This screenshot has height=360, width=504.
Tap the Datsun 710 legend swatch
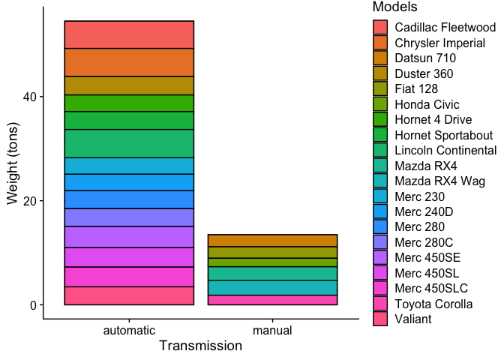coord(381,58)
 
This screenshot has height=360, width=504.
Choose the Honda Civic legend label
coord(427,104)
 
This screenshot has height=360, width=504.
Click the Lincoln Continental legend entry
coord(445,150)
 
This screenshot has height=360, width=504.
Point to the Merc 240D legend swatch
coord(381,211)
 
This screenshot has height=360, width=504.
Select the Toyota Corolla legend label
coord(433,304)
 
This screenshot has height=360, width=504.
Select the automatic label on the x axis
coord(129,330)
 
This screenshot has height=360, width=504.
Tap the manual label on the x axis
coord(272,330)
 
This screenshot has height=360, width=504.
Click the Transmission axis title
coord(200,346)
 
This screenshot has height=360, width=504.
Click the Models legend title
coord(394,7)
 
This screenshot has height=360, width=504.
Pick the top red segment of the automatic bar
coord(129,34)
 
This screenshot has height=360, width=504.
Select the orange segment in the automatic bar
coord(129,62)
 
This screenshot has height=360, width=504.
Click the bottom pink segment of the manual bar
coord(272,300)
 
